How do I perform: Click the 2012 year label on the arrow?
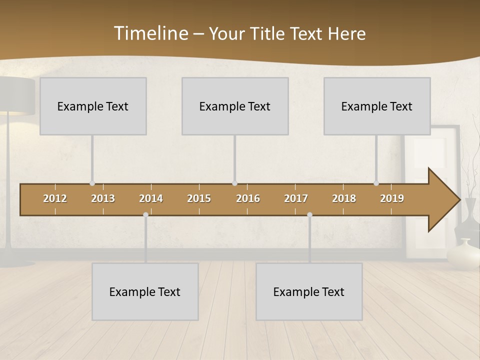(55, 198)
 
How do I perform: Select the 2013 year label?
(103, 198)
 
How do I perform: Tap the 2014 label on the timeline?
(151, 198)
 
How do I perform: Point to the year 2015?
(199, 198)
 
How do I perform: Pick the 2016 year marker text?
(248, 198)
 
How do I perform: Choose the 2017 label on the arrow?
(296, 198)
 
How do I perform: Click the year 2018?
(344, 198)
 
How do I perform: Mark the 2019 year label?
(392, 198)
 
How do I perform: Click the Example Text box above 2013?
(93, 106)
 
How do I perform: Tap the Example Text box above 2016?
(235, 106)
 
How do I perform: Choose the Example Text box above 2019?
(377, 106)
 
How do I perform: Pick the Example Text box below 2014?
(145, 291)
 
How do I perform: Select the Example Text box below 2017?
(309, 291)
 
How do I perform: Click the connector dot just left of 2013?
(92, 183)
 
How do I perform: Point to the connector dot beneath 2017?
(309, 215)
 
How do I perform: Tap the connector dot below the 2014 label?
(145, 215)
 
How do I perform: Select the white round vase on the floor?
(463, 254)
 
